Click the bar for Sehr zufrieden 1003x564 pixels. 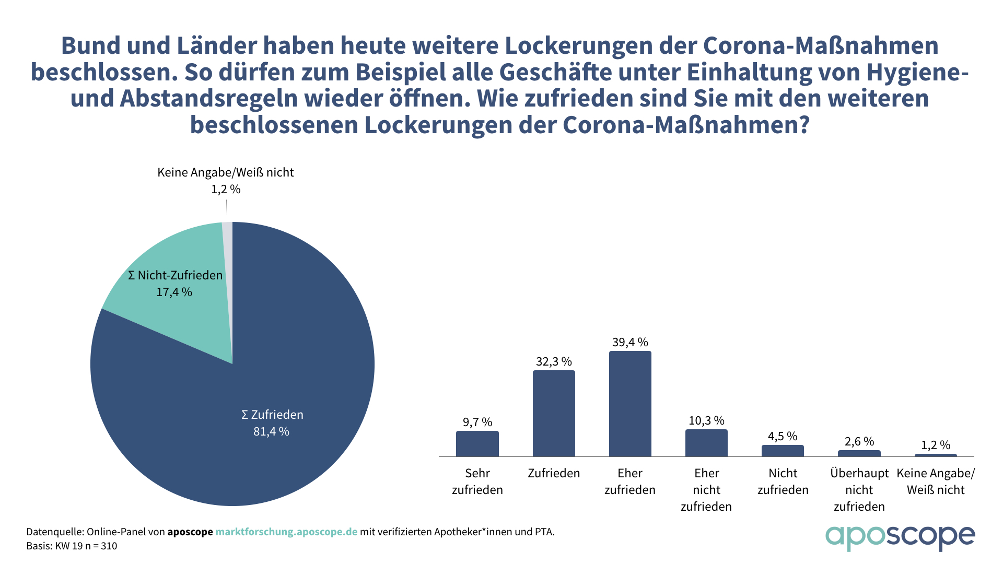pyautogui.click(x=477, y=444)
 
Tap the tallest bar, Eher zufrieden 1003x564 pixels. pyautogui.click(x=630, y=404)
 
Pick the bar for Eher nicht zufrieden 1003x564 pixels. pyautogui.click(x=706, y=443)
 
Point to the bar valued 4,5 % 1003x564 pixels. pyautogui.click(x=783, y=451)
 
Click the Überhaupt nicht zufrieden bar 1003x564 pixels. pyautogui.click(x=859, y=453)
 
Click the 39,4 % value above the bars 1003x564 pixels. pyautogui.click(x=630, y=343)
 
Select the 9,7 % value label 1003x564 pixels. pyautogui.click(x=477, y=422)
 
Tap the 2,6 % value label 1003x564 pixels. pyautogui.click(x=859, y=442)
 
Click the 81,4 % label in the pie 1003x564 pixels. pyautogui.click(x=271, y=432)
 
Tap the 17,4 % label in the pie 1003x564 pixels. pyautogui.click(x=174, y=292)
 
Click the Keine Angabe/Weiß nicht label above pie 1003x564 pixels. pyautogui.click(x=225, y=173)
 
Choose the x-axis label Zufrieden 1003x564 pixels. pyautogui.click(x=554, y=474)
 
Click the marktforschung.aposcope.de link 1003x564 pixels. pyautogui.click(x=286, y=532)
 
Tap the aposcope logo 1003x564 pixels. pyautogui.click(x=900, y=537)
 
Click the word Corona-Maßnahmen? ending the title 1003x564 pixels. pyautogui.click(x=686, y=125)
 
